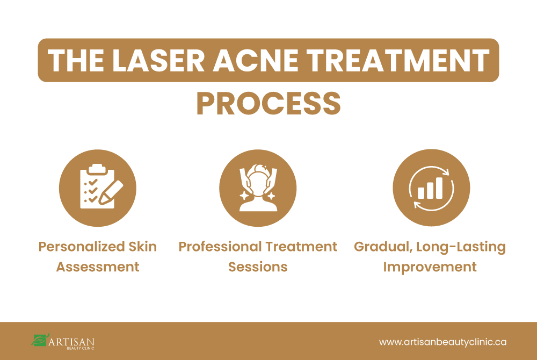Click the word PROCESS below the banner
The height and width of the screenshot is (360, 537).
(268, 104)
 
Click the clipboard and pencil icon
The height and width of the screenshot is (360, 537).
(97, 188)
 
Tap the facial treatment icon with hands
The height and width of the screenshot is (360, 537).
(258, 188)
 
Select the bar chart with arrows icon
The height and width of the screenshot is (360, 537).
(431, 188)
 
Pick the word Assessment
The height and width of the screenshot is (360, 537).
(98, 267)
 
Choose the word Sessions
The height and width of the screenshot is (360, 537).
(258, 267)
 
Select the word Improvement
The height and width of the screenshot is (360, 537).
(430, 267)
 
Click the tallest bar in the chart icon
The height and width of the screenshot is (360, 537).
(439, 187)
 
